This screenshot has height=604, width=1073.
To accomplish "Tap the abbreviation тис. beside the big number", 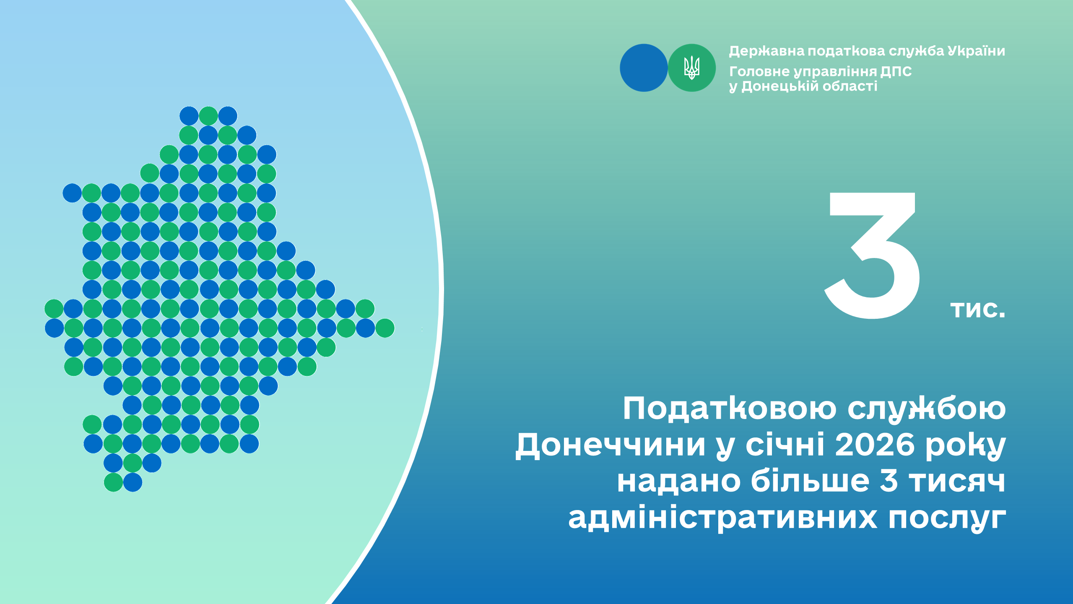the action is (977, 309).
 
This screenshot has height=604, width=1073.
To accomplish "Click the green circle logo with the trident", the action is (691, 68).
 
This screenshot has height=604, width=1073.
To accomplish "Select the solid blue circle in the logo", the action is (644, 68).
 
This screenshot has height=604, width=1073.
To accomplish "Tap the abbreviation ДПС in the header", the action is (896, 72).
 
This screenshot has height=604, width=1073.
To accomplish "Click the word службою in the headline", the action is (927, 409).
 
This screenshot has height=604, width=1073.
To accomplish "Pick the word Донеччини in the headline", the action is (611, 445).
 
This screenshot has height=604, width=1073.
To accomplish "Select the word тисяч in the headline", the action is (957, 482).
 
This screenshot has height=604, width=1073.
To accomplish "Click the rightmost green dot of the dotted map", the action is (385, 328).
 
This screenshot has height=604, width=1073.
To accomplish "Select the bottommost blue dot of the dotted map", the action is (133, 482).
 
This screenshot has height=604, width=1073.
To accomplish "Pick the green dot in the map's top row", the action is (208, 116).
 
